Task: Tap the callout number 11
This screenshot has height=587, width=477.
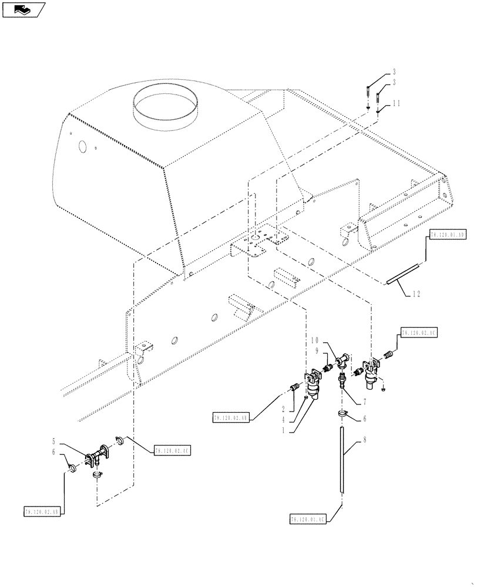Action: (x=397, y=103)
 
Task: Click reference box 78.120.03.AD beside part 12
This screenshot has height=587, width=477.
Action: (x=448, y=234)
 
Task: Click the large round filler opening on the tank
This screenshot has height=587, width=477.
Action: (x=167, y=103)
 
